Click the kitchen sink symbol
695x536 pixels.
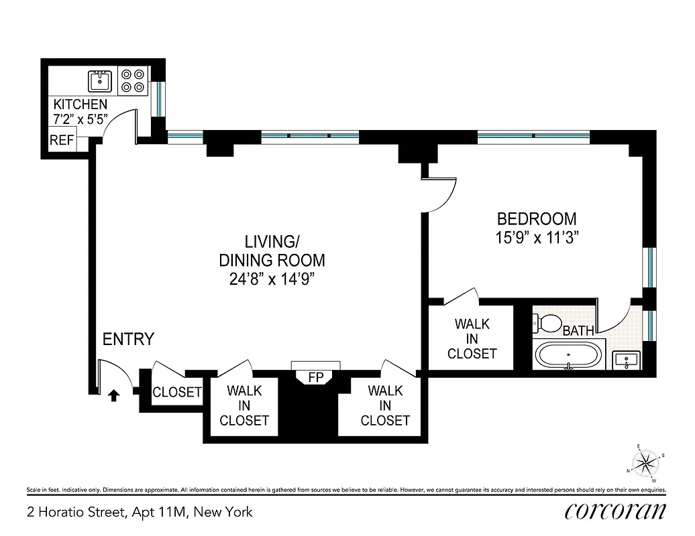[100, 81]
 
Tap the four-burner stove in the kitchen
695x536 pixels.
[132, 81]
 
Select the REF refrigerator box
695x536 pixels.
[62, 141]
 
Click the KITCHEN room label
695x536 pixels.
[80, 104]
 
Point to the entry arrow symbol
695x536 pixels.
[114, 396]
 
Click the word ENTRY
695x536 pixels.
[128, 339]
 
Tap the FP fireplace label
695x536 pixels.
[315, 377]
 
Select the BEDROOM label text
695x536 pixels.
[536, 218]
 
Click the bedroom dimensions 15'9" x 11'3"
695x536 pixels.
[537, 237]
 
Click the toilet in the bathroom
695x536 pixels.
[549, 324]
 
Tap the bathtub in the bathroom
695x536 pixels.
[569, 354]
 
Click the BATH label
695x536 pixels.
[578, 330]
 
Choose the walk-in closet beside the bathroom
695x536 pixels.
[472, 338]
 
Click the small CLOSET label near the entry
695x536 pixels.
[177, 393]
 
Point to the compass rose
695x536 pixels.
[645, 462]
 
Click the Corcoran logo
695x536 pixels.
[616, 512]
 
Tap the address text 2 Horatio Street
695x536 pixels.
[140, 513]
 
